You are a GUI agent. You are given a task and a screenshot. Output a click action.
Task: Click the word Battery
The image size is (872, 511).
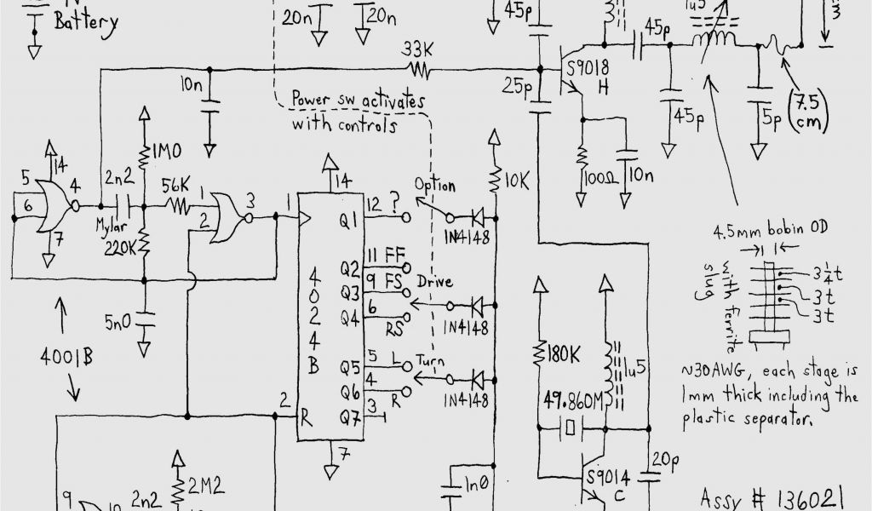86,22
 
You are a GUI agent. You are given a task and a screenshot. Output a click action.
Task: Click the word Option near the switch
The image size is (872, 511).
434,186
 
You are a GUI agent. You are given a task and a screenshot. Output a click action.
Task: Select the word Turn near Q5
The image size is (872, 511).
432,359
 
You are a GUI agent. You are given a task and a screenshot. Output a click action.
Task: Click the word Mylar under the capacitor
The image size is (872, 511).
109,229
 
